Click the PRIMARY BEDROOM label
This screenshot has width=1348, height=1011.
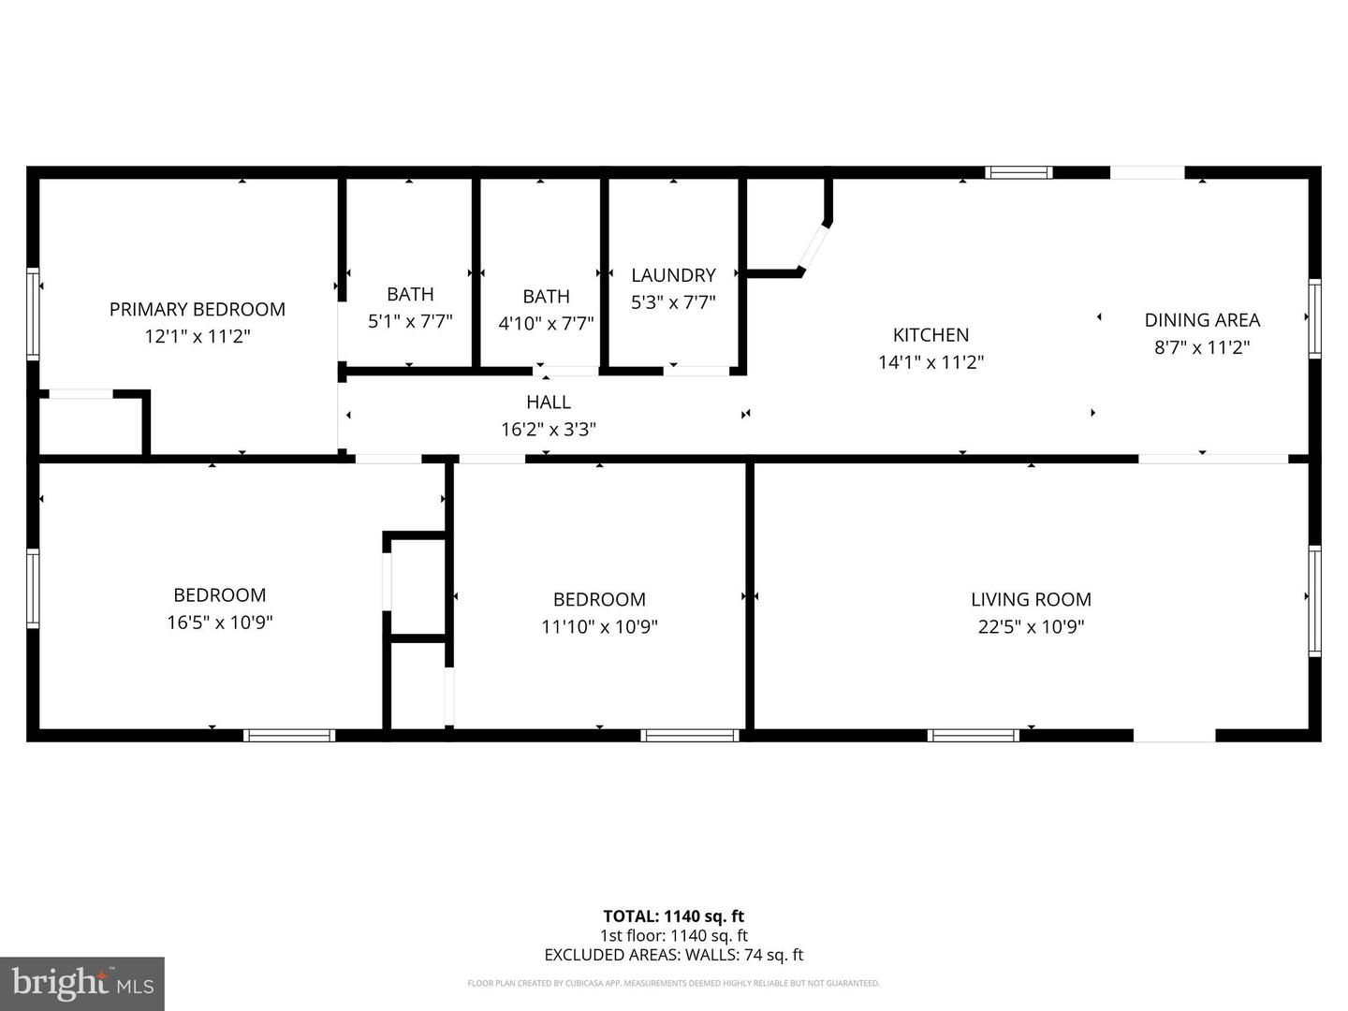[x=197, y=309]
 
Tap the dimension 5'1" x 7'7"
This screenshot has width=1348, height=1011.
[x=410, y=321]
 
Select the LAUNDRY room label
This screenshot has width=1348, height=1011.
[x=673, y=275]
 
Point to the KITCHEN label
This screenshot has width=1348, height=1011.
[x=930, y=335]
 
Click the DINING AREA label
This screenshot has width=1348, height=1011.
[x=1202, y=320]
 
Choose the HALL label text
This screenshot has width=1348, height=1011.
[x=548, y=403]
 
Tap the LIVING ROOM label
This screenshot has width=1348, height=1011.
[x=1031, y=599]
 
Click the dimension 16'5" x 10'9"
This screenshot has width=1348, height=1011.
[x=220, y=623]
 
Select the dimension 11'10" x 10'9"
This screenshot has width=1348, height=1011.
[x=599, y=626]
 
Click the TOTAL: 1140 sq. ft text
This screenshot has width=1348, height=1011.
[x=673, y=916]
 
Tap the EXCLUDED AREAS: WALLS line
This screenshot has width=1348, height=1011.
[x=673, y=955]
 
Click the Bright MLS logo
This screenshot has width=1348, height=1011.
[x=82, y=983]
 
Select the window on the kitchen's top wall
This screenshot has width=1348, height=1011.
[x=1019, y=172]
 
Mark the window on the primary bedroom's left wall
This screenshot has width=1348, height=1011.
[x=33, y=314]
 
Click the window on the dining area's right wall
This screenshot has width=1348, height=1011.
[x=1314, y=318]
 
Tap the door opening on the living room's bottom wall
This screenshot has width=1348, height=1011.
[x=1175, y=736]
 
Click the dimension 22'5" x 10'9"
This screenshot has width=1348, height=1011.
[x=1031, y=626]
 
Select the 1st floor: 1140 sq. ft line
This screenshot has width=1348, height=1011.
[x=673, y=935]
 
